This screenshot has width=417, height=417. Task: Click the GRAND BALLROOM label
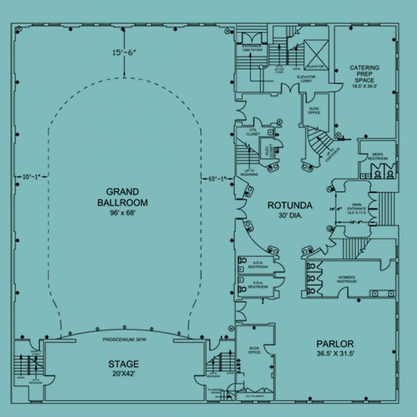pyautogui.click(x=122, y=197)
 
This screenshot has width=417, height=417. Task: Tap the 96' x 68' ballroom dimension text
pyautogui.click(x=122, y=213)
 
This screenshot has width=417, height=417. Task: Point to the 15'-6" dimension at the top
pyautogui.click(x=122, y=53)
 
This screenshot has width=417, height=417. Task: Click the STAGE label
pyautogui.click(x=123, y=364)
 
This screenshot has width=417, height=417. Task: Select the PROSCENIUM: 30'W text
pyautogui.click(x=123, y=340)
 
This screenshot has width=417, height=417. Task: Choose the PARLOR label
pyautogui.click(x=335, y=344)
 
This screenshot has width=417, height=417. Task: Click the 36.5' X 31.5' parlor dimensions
pyautogui.click(x=335, y=354)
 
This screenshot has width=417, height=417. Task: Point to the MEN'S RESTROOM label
pyautogui.click(x=377, y=156)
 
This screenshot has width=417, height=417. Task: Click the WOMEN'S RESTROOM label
pyautogui.click(x=346, y=279)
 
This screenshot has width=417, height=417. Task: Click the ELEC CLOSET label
pyautogui.click(x=265, y=149)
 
